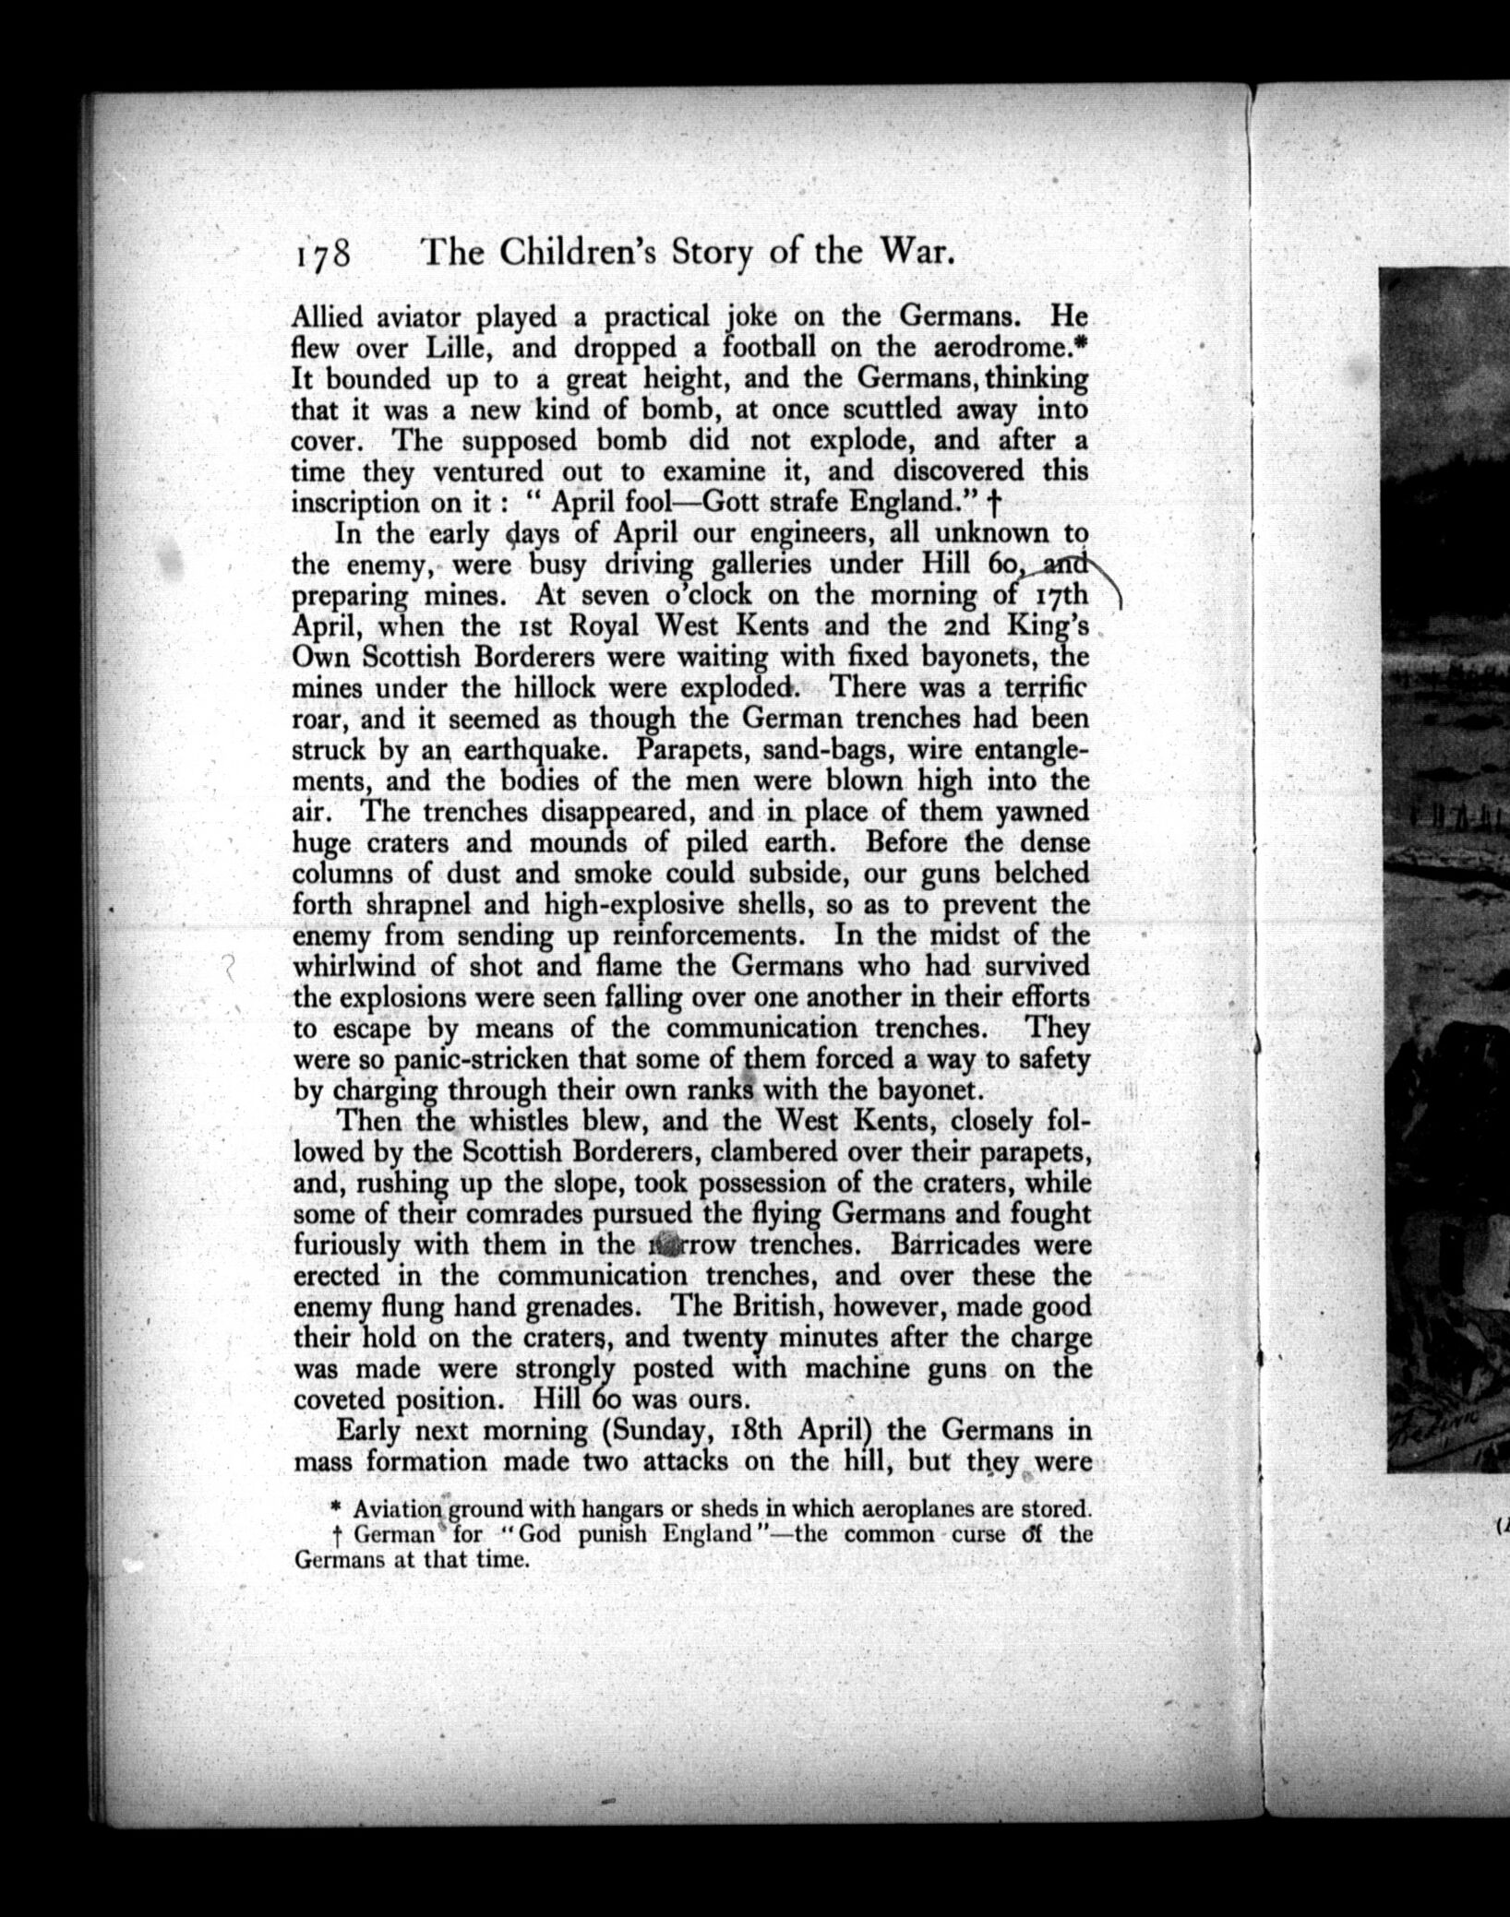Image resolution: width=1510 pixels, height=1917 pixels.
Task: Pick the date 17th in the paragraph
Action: point(1061,595)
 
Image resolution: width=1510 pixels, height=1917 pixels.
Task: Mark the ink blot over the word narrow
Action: point(664,1244)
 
